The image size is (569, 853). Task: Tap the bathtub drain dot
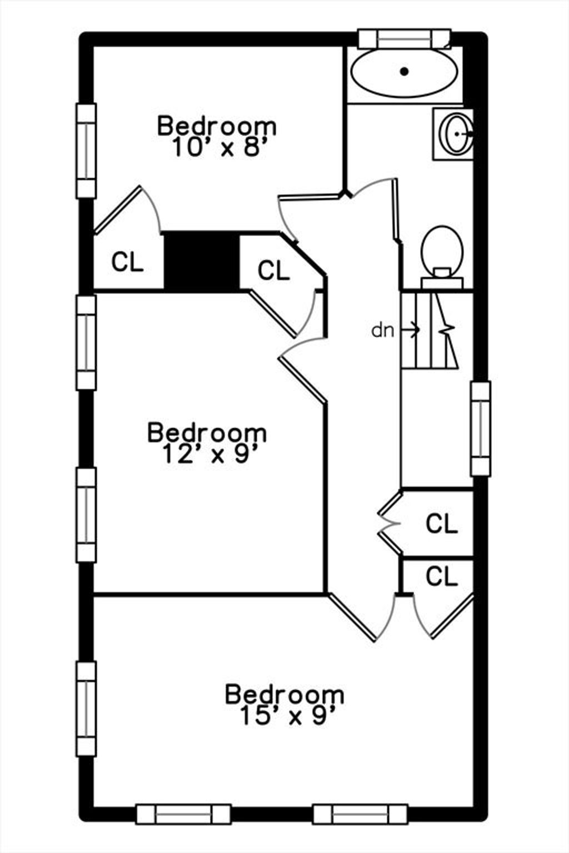(405, 71)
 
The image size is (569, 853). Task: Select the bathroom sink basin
(456, 134)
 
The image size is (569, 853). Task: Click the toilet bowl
(442, 250)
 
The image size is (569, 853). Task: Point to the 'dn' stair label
(383, 331)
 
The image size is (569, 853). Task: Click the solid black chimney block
(202, 262)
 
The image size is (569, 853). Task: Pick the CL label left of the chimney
(127, 262)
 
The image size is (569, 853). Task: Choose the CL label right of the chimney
(273, 270)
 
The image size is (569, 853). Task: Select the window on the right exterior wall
(481, 428)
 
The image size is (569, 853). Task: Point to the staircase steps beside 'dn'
(430, 330)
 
